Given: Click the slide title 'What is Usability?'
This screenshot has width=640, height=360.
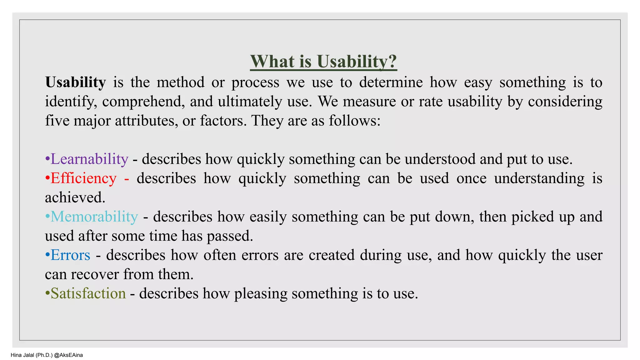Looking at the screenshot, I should click(323, 61).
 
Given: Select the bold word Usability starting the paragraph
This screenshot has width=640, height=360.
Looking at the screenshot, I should click(75, 82).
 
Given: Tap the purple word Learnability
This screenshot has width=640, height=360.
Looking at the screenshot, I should click(89, 159).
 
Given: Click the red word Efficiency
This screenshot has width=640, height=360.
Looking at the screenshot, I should click(83, 178).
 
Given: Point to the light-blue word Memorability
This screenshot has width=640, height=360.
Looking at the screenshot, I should click(94, 217).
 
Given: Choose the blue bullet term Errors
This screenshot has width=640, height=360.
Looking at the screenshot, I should click(70, 255).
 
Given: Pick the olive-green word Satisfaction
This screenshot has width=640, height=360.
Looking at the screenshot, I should click(88, 293).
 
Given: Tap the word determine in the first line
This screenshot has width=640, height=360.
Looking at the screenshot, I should click(391, 82).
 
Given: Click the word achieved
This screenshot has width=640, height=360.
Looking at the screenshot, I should click(75, 197).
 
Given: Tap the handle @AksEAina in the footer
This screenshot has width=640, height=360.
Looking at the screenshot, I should click(68, 355).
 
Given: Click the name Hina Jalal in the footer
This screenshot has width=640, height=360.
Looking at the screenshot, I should click(22, 355).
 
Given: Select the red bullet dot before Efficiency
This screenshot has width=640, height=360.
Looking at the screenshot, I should click(47, 178).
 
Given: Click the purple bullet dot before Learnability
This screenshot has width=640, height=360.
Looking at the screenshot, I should click(47, 159).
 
